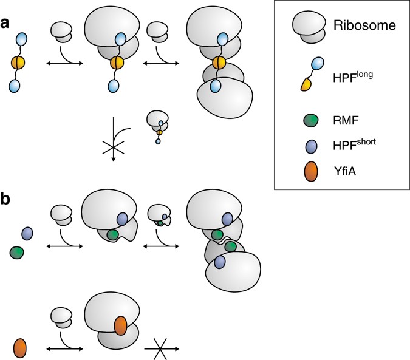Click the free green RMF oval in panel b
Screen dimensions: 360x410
click(16, 251)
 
